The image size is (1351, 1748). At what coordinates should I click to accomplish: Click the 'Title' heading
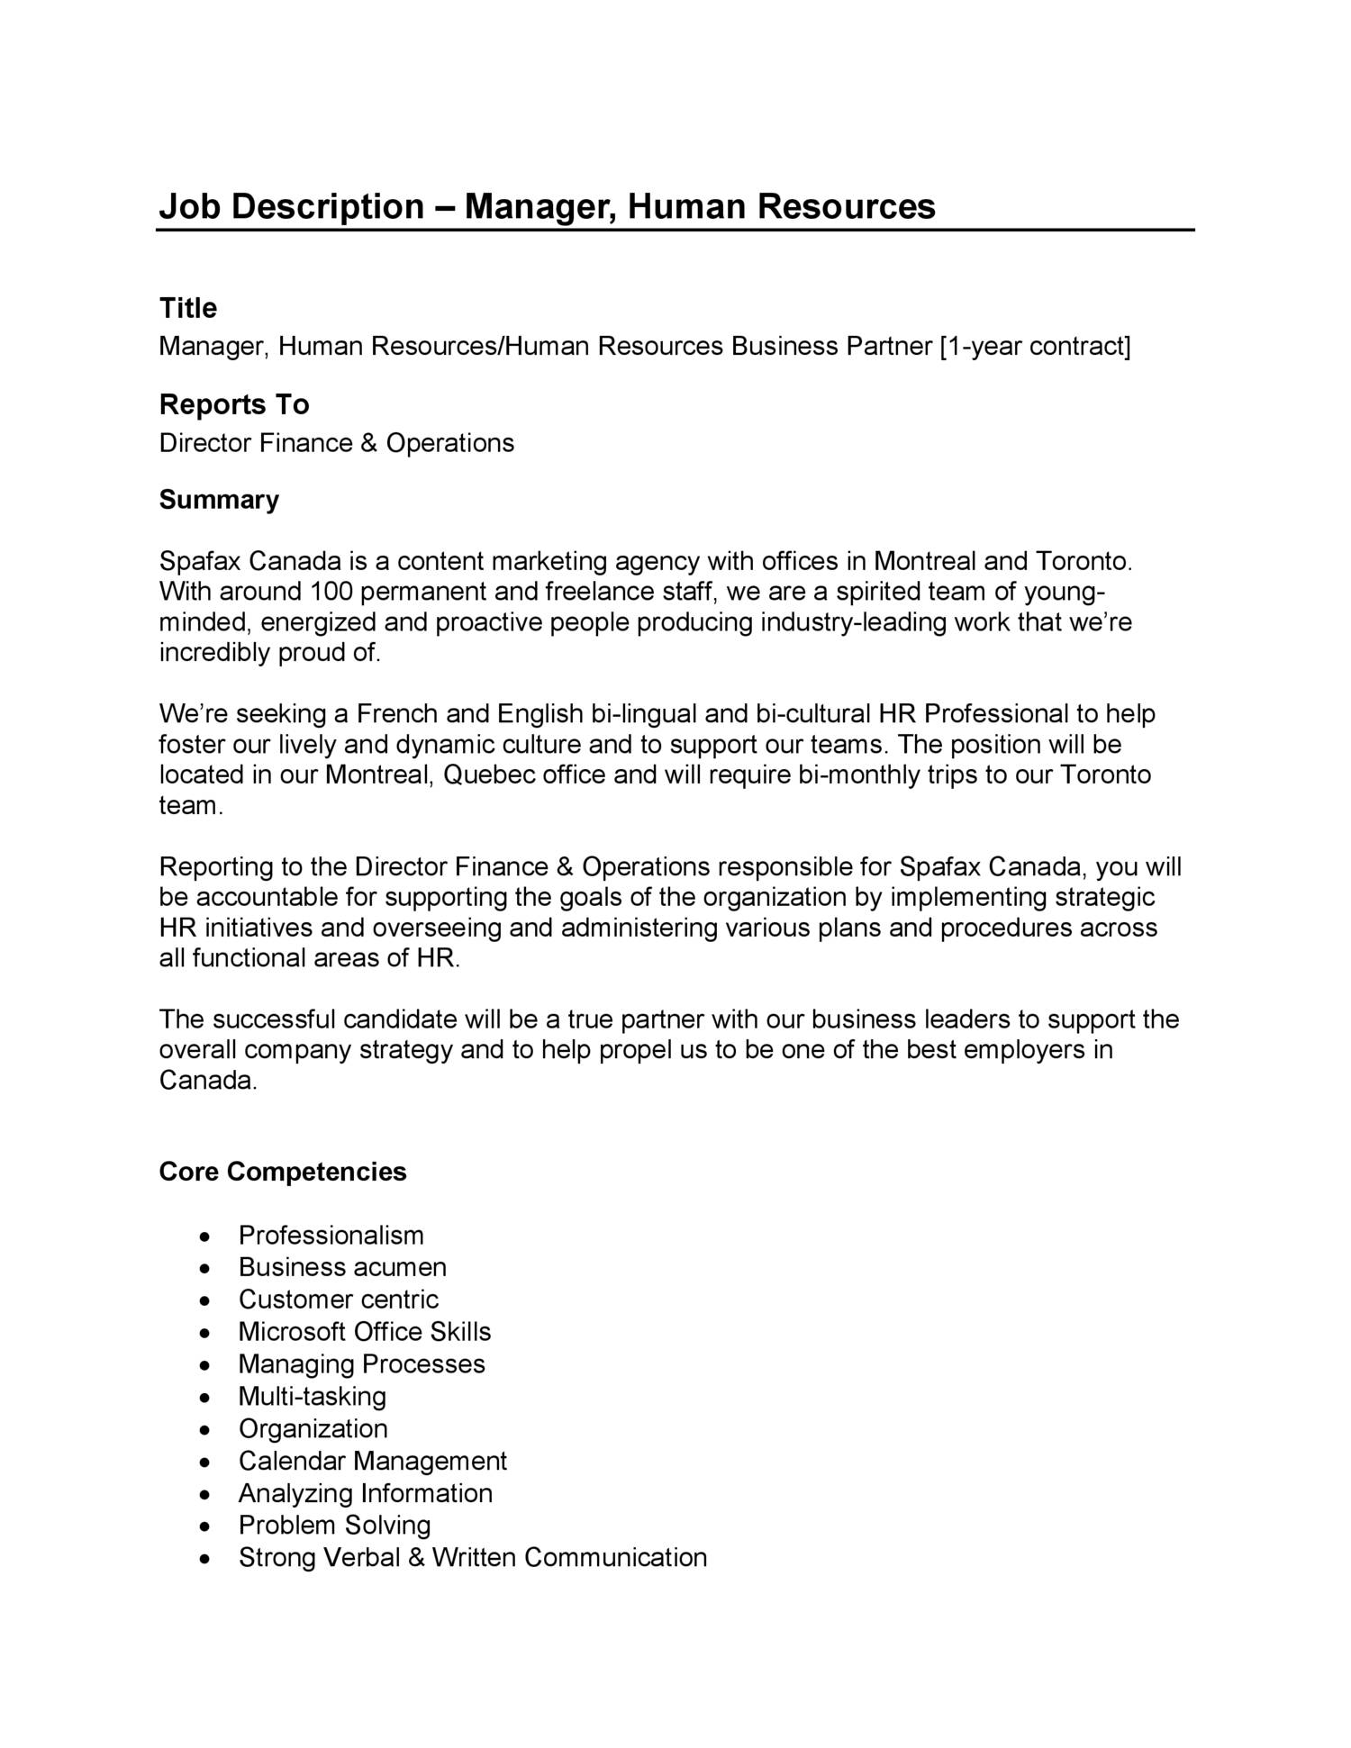point(187,308)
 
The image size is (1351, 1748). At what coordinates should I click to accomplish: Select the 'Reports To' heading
point(234,404)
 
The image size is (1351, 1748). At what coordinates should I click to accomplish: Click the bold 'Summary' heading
point(219,500)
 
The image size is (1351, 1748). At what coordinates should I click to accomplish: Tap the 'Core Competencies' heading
point(283,1172)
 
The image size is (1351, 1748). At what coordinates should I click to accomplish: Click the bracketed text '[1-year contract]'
point(1035,346)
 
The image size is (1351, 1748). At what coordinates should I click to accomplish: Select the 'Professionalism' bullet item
point(331,1235)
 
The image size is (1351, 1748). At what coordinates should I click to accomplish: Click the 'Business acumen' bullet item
point(342,1267)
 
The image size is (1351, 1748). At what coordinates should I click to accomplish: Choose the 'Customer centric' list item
point(338,1300)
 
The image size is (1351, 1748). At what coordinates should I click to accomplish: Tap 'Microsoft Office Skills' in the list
point(365,1331)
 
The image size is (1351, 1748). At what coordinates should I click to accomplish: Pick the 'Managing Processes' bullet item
point(361,1363)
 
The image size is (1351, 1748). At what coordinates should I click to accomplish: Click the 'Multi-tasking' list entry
point(312,1396)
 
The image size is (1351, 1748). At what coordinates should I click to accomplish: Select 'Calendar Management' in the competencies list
point(373,1461)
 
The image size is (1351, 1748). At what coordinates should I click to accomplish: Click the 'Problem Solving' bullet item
point(334,1525)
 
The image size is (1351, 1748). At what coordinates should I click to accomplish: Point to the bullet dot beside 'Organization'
point(207,1430)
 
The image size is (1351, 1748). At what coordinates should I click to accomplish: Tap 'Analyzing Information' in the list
point(365,1493)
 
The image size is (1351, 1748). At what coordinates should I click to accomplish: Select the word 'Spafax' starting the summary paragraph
point(200,561)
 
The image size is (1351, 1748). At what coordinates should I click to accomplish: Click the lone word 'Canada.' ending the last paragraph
point(208,1080)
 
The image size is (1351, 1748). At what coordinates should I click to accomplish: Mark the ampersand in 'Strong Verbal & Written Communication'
point(415,1557)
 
